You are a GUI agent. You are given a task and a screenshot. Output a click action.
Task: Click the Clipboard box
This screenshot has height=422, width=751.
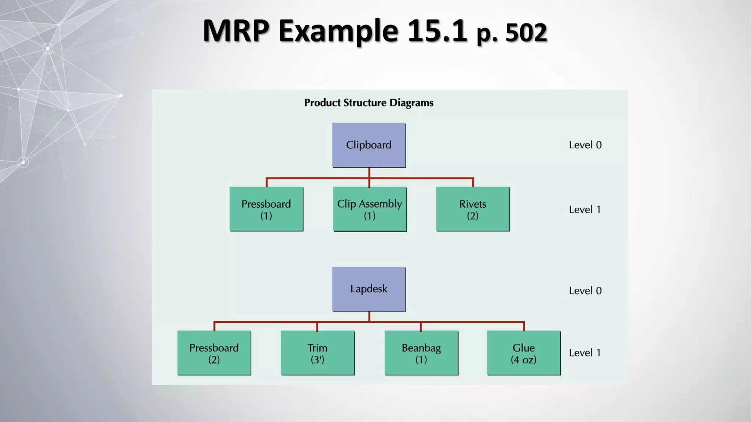click(x=369, y=145)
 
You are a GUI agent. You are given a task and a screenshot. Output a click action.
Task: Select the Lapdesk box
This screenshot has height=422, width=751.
click(x=369, y=289)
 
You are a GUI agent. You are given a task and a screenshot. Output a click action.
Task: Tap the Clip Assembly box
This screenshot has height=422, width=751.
click(x=370, y=209)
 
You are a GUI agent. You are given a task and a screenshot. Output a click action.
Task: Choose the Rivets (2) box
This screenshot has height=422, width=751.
click(x=473, y=209)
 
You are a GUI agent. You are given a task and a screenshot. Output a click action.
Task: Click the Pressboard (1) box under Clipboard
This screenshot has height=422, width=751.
click(x=266, y=209)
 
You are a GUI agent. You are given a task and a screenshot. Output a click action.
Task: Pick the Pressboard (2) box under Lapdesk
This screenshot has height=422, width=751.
click(x=214, y=353)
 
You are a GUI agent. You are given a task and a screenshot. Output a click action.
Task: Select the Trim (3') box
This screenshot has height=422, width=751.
click(x=318, y=353)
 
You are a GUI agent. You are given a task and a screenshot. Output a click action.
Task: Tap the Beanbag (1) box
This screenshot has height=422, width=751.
click(x=421, y=353)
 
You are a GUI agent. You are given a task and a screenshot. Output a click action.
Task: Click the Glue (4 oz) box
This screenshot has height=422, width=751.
click(x=524, y=353)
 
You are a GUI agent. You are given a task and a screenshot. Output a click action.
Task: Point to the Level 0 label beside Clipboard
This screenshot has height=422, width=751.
click(x=585, y=145)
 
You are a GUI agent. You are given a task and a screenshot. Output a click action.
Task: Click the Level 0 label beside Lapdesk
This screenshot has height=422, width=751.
click(x=585, y=291)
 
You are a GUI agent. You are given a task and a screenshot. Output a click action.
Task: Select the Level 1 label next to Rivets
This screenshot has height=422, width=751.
click(x=585, y=210)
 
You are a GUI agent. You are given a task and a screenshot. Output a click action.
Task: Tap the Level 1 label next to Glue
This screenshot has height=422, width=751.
click(x=585, y=353)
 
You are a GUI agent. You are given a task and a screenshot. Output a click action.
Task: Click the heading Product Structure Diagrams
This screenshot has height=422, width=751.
click(x=369, y=103)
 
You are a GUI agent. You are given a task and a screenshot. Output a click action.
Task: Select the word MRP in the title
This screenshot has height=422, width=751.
click(x=236, y=31)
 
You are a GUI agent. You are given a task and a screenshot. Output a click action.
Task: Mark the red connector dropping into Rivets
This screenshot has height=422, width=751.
click(x=473, y=182)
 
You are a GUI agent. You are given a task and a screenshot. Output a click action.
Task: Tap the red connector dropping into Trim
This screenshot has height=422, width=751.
click(x=317, y=327)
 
